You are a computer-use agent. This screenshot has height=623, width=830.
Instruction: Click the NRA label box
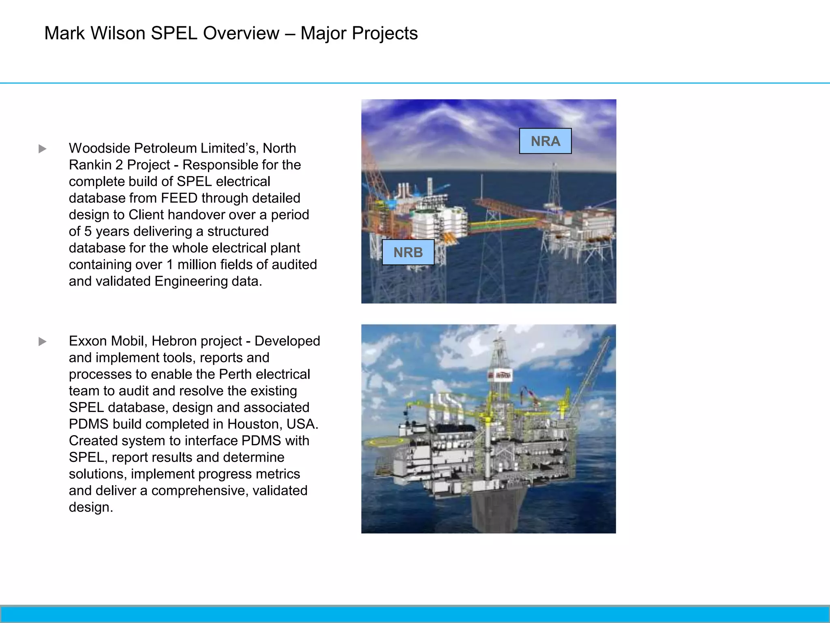point(545,141)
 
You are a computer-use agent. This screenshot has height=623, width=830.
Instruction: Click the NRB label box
point(408,252)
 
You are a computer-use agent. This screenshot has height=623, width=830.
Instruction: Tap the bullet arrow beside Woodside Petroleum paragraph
point(43,149)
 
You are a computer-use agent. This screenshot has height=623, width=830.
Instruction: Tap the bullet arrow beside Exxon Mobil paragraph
point(43,342)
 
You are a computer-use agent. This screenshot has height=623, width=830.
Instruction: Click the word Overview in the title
point(241,33)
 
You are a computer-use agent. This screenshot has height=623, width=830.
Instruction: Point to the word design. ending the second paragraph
point(91,507)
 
